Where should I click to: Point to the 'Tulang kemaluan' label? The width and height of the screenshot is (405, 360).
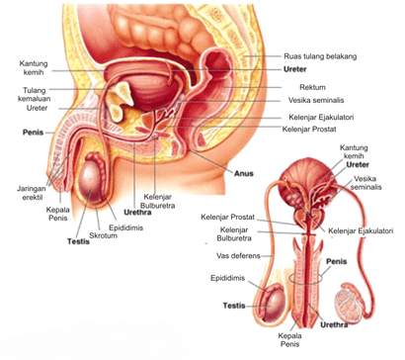(x=35, y=96)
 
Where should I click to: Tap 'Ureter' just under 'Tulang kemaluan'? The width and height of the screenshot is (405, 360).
(x=34, y=109)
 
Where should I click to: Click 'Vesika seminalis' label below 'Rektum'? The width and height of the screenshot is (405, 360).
(x=318, y=100)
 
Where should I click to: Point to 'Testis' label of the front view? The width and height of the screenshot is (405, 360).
(x=234, y=306)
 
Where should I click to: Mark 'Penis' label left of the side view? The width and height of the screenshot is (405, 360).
(x=31, y=132)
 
